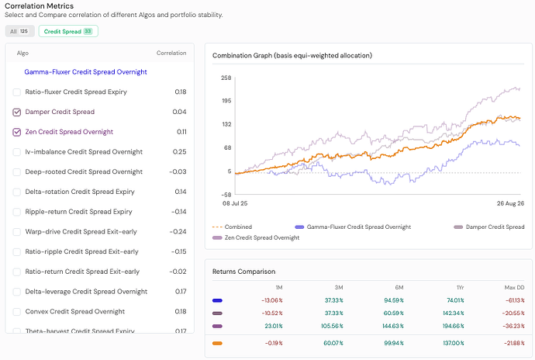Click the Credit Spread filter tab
tap(68, 31)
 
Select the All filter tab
tap(20, 31)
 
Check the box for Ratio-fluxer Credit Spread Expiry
tap(17, 92)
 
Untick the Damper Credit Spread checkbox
tap(17, 112)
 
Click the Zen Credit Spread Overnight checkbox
tap(17, 132)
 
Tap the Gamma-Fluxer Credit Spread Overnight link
tap(85, 72)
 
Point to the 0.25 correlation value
tap(179, 151)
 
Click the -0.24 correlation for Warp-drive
tap(178, 231)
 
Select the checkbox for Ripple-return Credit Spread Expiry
tap(17, 212)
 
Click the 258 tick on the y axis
tap(226, 78)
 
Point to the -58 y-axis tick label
tap(226, 195)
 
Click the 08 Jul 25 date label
tap(235, 203)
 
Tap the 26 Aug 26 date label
tap(510, 203)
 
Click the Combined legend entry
tap(232, 227)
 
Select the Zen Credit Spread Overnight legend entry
tap(256, 237)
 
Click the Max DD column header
tap(514, 288)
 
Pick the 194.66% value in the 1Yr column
tap(453, 326)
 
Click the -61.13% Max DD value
tap(515, 300)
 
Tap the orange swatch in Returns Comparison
tap(217, 343)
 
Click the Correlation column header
tap(171, 53)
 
